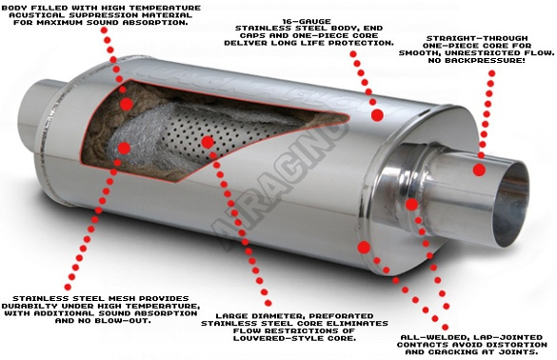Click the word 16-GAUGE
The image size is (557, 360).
(x=307, y=21)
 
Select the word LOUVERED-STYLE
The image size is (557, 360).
(x=277, y=338)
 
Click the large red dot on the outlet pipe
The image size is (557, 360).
(x=479, y=170)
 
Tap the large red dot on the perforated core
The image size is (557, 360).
(x=208, y=142)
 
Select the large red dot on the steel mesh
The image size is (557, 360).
(x=124, y=148)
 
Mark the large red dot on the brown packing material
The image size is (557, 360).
(x=126, y=105)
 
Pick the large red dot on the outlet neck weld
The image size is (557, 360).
(x=411, y=204)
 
